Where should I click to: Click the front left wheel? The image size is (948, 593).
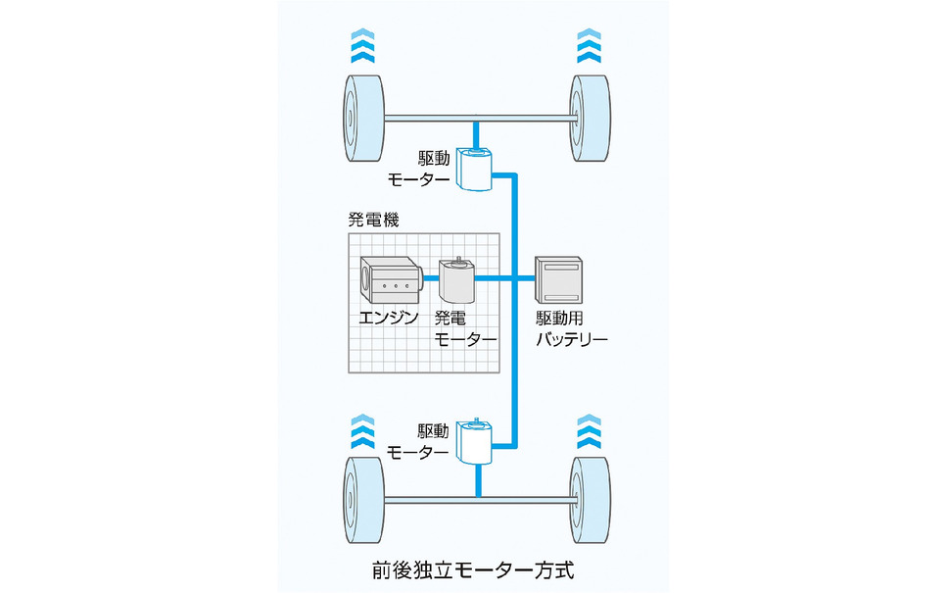(361, 120)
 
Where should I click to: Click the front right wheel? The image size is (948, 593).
(591, 120)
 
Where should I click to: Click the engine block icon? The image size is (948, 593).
(389, 281)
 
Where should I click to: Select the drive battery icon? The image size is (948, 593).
(559, 279)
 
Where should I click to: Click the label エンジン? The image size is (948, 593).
(388, 318)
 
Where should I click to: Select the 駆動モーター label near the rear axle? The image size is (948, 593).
(419, 441)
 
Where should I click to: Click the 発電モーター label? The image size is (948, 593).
(464, 328)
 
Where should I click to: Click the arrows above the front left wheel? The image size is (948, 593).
(361, 47)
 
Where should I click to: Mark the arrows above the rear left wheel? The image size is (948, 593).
(361, 429)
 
